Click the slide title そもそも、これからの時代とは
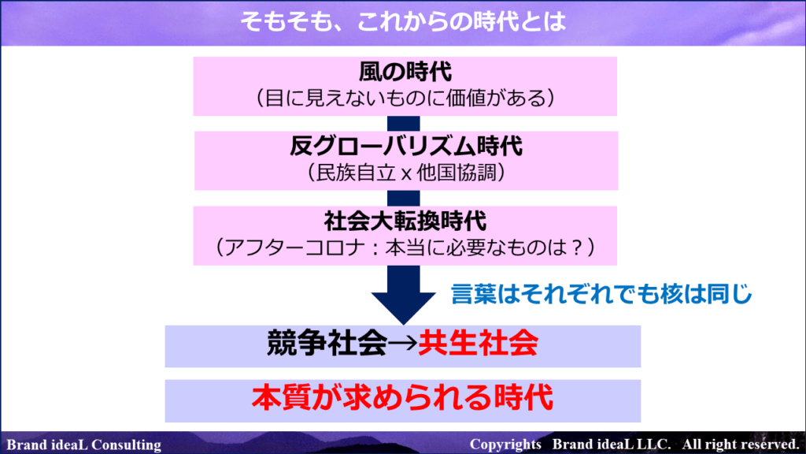tap(404, 21)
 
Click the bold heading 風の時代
tap(405, 72)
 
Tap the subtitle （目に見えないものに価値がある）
tap(405, 98)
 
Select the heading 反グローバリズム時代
tap(405, 146)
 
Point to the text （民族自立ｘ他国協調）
tap(405, 173)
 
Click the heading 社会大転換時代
tap(405, 221)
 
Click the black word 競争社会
tap(327, 344)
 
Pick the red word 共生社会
tap(478, 344)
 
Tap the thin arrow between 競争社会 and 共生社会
tap(402, 344)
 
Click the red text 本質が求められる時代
tap(402, 398)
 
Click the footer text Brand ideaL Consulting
tap(83, 445)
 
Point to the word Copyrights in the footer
tap(505, 445)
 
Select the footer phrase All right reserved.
tap(741, 445)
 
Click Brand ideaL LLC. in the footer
tap(612, 445)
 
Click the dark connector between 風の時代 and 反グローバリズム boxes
tap(404, 124)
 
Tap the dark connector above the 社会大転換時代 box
tap(404, 198)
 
